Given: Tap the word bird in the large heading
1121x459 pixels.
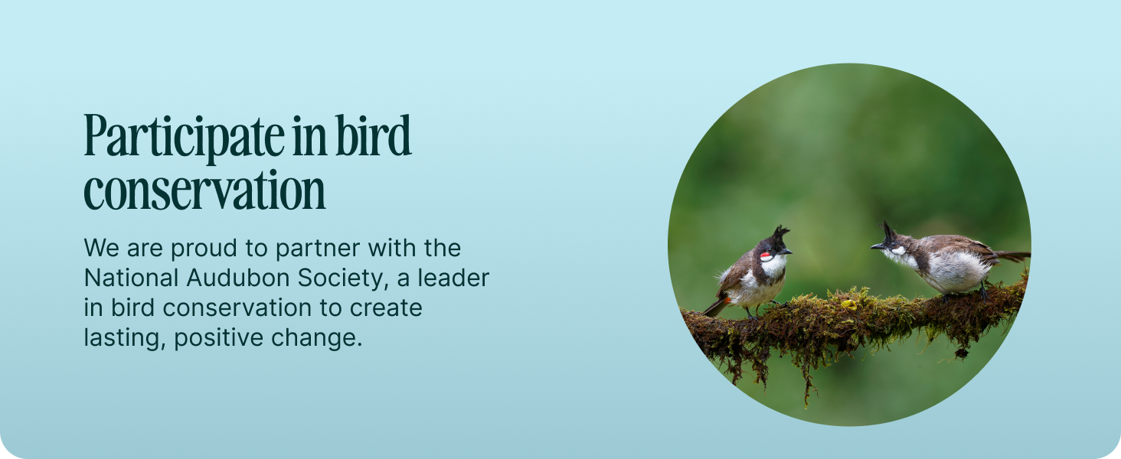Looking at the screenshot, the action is [373, 135].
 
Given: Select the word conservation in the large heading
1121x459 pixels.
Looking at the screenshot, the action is [204, 190].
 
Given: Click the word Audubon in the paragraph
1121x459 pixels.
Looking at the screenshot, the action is [238, 278].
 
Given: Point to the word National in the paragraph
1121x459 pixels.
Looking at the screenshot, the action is [131, 278].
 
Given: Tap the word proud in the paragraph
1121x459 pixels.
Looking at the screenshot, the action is [204, 249].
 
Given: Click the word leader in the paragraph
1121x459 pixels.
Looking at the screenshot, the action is [453, 278].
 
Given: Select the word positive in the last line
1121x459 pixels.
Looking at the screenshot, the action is [219, 338].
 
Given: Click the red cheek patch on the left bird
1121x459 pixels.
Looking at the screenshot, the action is [766, 257].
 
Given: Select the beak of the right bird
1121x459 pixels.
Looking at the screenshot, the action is [877, 246].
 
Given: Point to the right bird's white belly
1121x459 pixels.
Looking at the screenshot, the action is [955, 272].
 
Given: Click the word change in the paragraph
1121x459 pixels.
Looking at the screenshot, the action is [316, 338].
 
